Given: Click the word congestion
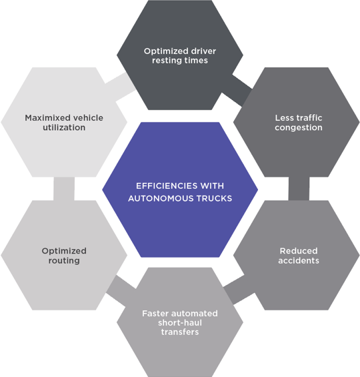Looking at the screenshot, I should click(x=299, y=127).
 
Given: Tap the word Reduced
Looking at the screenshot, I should click(x=299, y=251).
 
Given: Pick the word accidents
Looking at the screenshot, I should click(x=299, y=260).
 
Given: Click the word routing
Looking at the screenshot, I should click(x=64, y=260).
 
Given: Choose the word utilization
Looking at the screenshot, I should click(x=64, y=127).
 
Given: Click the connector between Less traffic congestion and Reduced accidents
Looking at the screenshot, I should click(x=299, y=189).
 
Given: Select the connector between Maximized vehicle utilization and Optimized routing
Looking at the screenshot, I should click(x=64, y=189).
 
